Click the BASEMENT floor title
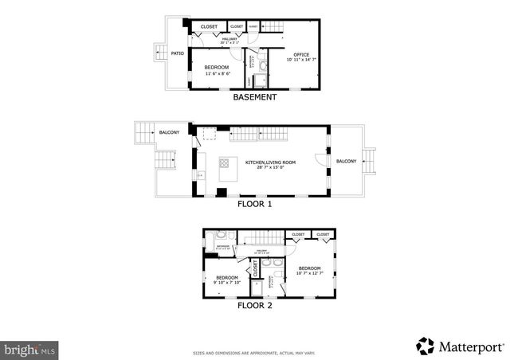tap(254, 97)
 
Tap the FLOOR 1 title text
tap(254, 203)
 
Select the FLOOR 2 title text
tap(254, 304)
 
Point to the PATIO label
tap(177, 53)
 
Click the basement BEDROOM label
tap(217, 67)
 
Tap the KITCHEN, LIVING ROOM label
tap(276, 162)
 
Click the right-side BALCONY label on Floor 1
tap(346, 161)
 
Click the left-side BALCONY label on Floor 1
tap(169, 132)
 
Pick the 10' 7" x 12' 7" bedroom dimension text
tap(309, 274)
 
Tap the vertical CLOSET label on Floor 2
tap(255, 270)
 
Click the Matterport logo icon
tap(426, 345)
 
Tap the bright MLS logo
tap(30, 348)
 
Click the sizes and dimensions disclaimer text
tap(254, 352)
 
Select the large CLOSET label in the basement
tap(209, 26)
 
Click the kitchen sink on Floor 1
tap(201, 175)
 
